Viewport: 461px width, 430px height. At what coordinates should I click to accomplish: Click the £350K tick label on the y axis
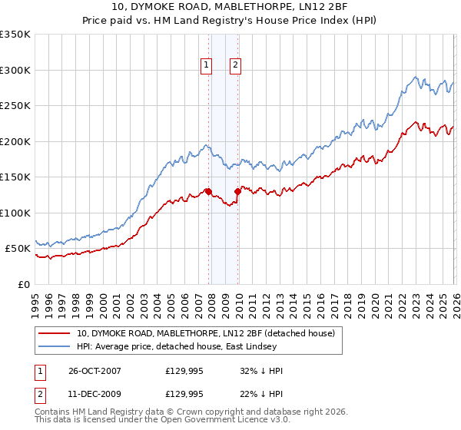click(x=15, y=35)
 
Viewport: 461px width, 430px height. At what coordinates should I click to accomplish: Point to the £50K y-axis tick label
click(x=18, y=249)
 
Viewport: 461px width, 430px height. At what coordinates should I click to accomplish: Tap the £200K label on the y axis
click(x=15, y=141)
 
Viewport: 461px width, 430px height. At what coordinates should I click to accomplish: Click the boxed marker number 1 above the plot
click(x=207, y=66)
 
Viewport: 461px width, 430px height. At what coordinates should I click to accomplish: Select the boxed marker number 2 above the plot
click(x=235, y=66)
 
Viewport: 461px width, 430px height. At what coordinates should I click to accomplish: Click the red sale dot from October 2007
click(x=208, y=192)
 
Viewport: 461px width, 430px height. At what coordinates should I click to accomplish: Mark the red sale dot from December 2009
click(x=237, y=192)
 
